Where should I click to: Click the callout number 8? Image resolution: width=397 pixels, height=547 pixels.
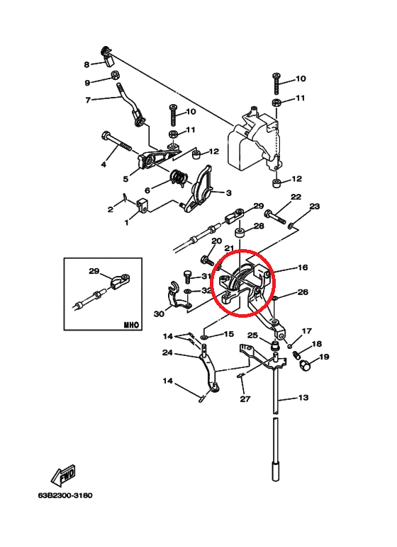point(86,64)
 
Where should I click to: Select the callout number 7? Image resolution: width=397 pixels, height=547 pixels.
point(88,100)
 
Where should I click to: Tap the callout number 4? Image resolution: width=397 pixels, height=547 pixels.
point(104,163)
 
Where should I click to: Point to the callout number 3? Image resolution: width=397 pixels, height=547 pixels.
point(228,192)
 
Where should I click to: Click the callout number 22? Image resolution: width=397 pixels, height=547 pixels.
point(296,197)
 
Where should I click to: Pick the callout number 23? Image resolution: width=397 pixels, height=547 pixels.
point(315,206)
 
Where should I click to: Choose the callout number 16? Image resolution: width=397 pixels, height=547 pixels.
point(303,267)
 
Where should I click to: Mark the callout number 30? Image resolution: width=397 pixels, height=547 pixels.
point(159,314)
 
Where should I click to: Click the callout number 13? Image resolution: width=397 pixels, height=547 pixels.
point(303,398)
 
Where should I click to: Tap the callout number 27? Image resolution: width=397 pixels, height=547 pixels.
point(245,398)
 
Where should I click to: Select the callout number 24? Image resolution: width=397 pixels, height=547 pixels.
point(167,352)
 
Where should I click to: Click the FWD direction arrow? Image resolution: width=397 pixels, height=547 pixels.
point(63,475)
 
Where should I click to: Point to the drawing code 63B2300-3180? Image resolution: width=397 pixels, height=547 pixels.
point(65,495)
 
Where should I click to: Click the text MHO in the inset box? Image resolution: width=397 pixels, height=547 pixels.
point(131,325)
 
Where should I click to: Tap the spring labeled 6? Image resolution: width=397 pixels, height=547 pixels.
point(179,178)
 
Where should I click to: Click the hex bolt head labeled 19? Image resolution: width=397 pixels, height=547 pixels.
point(304,365)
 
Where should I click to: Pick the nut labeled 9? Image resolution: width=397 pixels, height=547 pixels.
point(114,75)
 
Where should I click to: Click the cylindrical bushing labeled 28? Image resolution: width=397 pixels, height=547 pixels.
point(240,233)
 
